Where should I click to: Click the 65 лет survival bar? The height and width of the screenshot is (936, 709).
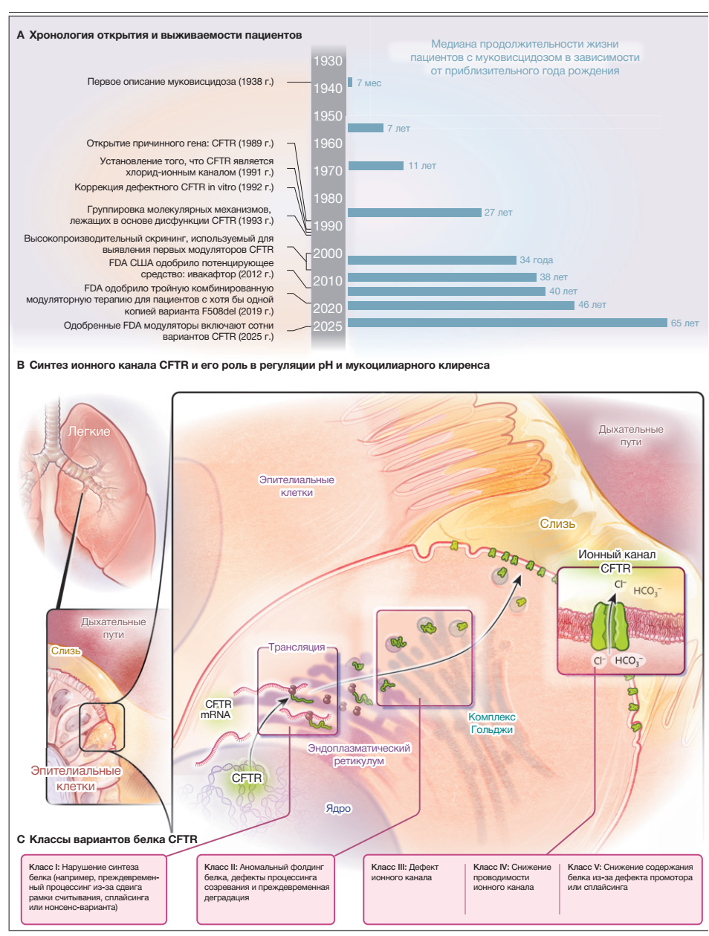pos(508,323)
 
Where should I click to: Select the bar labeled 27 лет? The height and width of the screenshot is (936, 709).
pos(415,213)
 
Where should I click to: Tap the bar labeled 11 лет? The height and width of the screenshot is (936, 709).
pos(376,166)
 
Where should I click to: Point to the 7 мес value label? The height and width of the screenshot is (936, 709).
pos(369,83)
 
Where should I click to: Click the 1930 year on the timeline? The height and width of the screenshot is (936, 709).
pos(328,61)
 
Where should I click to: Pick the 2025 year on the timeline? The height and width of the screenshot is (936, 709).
pos(328,326)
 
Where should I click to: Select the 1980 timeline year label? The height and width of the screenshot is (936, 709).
pos(328,199)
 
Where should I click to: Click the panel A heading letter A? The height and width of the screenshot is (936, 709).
pos(21,35)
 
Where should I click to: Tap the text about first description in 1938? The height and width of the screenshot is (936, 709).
pos(181,82)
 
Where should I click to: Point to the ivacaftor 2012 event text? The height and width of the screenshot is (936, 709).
pos(192,268)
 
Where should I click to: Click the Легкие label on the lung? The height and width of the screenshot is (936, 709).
pos(89,431)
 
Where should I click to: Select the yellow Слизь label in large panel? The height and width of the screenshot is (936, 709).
pos(557,523)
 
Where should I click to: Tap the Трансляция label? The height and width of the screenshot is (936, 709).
pos(297,648)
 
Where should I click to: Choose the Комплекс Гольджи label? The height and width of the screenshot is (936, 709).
pos(492,723)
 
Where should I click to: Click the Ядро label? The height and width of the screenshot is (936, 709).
pos(338,808)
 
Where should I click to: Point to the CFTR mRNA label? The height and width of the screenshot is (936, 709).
pos(216,709)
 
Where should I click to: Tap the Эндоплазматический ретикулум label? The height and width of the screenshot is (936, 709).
pos(359,755)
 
